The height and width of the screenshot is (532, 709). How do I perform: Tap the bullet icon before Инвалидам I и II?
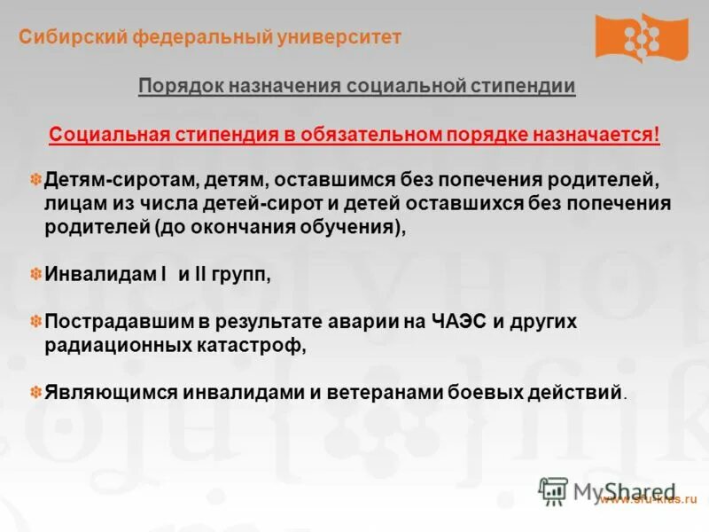point(36,275)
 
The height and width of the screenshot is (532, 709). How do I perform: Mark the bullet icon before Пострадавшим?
point(36,322)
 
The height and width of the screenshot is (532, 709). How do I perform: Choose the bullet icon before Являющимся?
point(36,391)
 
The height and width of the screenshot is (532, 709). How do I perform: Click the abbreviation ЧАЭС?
point(457,322)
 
